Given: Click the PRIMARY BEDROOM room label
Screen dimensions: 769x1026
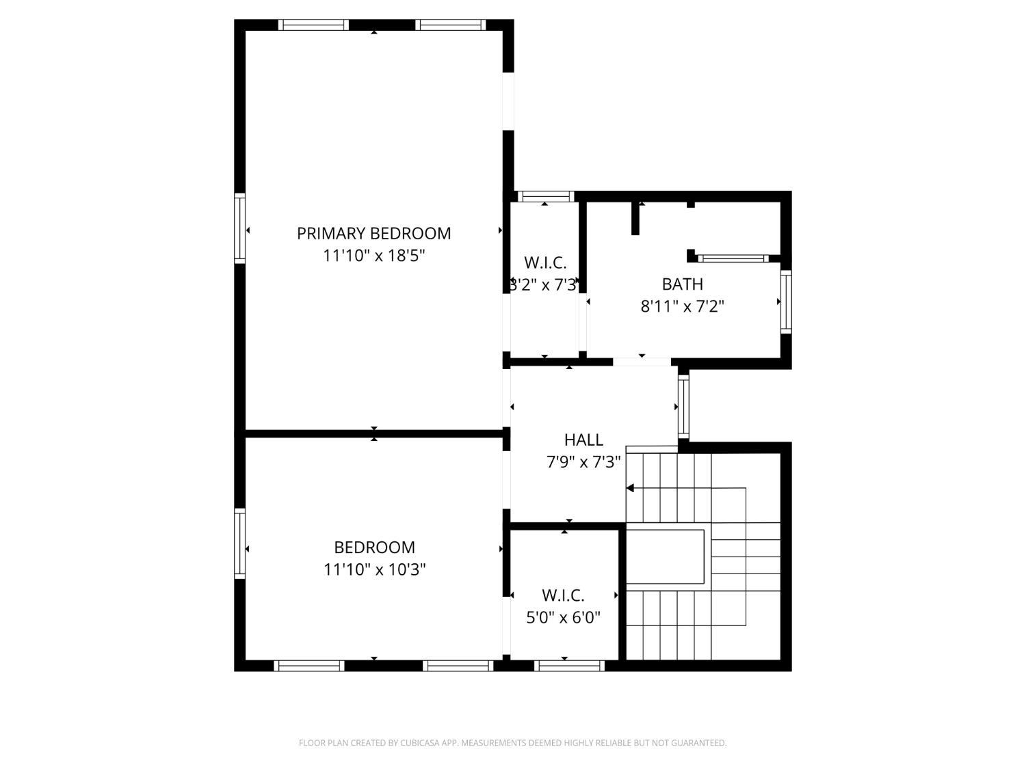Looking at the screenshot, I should [x=373, y=233].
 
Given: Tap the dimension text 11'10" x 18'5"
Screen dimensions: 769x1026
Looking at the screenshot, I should [x=373, y=256].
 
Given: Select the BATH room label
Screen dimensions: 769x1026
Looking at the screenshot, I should [x=682, y=284].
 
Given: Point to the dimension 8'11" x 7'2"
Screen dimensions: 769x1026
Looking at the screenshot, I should [x=682, y=306].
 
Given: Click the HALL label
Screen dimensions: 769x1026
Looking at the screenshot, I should [x=583, y=440].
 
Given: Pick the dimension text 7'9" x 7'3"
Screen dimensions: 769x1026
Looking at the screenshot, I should [x=583, y=462].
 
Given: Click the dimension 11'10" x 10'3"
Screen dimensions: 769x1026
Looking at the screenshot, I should [x=374, y=569].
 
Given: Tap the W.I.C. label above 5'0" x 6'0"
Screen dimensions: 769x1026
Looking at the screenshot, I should [x=563, y=595].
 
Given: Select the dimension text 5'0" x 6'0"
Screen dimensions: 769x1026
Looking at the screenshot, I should [x=563, y=618].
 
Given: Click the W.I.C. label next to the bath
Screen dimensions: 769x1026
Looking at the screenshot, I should [x=545, y=262].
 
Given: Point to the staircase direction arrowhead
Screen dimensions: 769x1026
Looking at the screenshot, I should [x=630, y=488].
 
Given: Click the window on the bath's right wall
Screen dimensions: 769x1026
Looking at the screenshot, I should [x=786, y=301].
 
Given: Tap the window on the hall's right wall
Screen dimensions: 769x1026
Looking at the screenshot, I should [x=683, y=407].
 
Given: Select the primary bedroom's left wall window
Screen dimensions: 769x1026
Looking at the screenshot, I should [x=239, y=228].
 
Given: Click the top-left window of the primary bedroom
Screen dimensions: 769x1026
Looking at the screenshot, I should [x=313, y=25].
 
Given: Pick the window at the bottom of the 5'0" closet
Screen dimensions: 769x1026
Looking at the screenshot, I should [x=569, y=665].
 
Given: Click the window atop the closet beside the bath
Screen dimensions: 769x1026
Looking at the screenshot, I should [x=545, y=197].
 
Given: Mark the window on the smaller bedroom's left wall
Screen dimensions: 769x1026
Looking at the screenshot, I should [x=239, y=543].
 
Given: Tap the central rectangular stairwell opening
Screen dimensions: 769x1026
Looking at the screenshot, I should [x=666, y=556].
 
